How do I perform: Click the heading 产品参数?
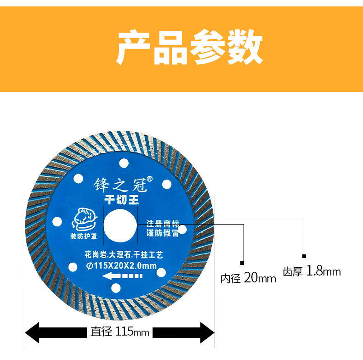[x=189, y=48]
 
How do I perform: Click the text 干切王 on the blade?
[x=120, y=199]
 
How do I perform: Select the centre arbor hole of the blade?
[x=120, y=225]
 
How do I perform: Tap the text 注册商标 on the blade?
[x=162, y=224]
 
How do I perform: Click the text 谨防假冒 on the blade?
[x=162, y=233]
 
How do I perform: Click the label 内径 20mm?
[x=248, y=278]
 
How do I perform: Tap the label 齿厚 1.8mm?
[x=312, y=271]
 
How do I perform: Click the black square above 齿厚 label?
[x=304, y=255]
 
